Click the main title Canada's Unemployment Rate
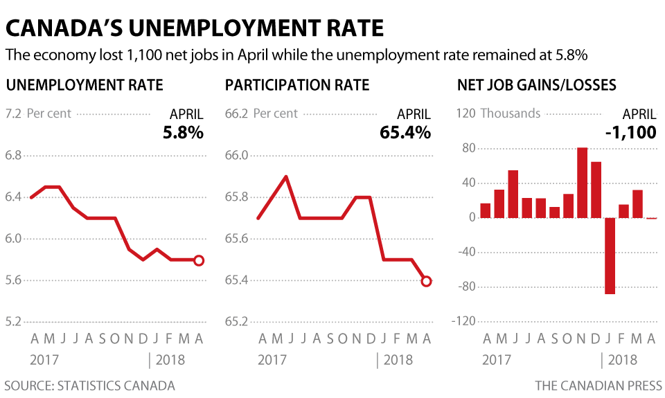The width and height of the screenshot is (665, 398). [195, 28]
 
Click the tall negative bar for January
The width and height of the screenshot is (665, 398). [610, 255]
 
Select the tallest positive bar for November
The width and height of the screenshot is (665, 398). [582, 183]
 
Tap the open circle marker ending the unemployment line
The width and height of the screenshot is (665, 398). [199, 260]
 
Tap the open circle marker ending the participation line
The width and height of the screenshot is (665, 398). [426, 281]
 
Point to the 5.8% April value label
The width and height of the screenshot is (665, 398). [183, 132]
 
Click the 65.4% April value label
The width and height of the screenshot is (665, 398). [405, 132]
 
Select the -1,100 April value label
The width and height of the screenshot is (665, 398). [630, 132]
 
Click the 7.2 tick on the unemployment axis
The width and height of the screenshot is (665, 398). [13, 114]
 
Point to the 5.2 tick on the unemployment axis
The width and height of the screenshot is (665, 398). [13, 322]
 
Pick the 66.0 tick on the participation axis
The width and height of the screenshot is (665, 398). [237, 155]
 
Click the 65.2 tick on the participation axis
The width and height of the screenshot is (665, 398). [237, 322]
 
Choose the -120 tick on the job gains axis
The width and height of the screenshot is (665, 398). [463, 322]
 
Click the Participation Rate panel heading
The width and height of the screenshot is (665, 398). [297, 85]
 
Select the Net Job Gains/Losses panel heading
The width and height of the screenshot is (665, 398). [537, 85]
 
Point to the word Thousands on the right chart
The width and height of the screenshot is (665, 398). [510, 114]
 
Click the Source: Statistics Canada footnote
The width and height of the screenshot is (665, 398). [89, 386]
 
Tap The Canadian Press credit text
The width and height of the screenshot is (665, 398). [598, 386]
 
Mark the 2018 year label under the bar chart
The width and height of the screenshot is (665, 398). [623, 360]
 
